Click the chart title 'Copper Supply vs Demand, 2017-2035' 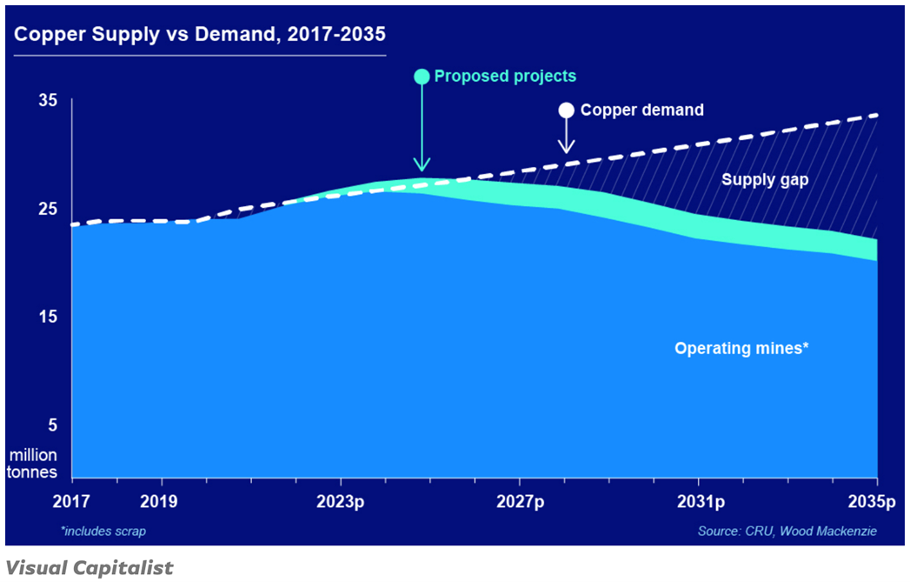click(200, 35)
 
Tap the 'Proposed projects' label click(505, 77)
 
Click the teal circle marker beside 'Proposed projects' click(422, 77)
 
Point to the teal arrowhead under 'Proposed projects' click(422, 165)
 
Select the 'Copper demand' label click(641, 110)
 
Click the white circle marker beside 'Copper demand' click(566, 110)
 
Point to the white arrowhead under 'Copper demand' click(566, 147)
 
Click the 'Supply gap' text click(765, 180)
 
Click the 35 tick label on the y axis click(48, 101)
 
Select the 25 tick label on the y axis click(48, 209)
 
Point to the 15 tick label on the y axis click(48, 318)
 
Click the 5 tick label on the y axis click(52, 425)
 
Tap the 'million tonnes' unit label click(34, 464)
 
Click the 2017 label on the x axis click(71, 502)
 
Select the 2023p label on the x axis click(340, 502)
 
